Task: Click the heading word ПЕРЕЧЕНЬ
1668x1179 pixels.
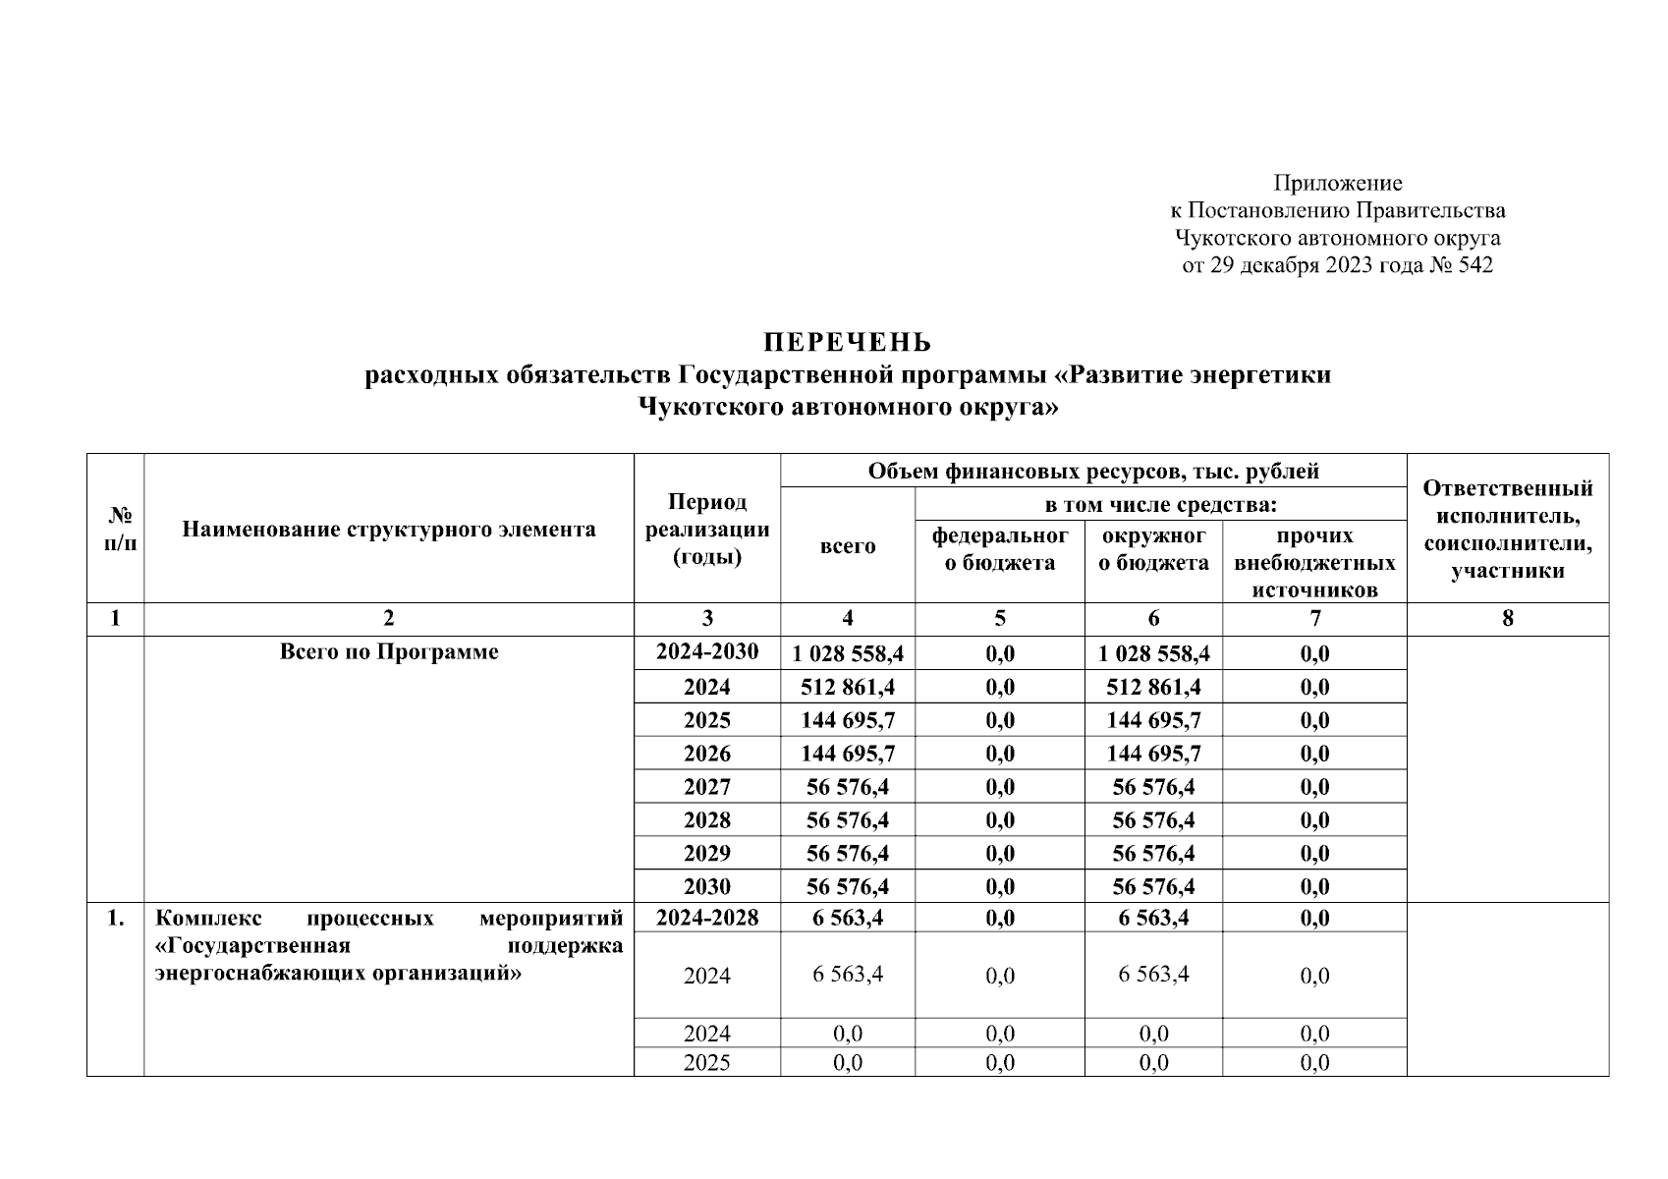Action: coord(848,343)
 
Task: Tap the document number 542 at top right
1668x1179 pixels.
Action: coord(1474,265)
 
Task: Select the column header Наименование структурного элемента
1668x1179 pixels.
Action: coord(388,530)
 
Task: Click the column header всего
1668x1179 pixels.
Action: coord(847,546)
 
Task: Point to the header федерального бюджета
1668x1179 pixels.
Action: coord(999,549)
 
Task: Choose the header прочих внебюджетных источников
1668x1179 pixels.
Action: coord(1314,562)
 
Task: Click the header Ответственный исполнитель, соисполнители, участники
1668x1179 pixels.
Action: coord(1507,530)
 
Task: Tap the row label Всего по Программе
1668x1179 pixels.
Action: coord(388,652)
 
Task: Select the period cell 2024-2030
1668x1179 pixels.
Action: coord(706,652)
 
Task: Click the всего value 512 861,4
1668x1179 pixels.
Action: coord(847,687)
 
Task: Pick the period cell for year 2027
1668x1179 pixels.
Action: coord(706,787)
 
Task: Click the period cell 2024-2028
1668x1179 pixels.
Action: coord(706,918)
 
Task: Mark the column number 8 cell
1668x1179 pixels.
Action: coord(1507,618)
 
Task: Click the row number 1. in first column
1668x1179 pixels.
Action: coord(116,919)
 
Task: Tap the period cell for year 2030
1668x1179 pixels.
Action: coord(706,886)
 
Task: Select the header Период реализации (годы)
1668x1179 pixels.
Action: coord(706,530)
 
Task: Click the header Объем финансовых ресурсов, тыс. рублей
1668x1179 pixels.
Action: coord(1092,471)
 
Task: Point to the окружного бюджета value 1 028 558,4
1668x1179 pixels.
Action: coord(1153,653)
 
